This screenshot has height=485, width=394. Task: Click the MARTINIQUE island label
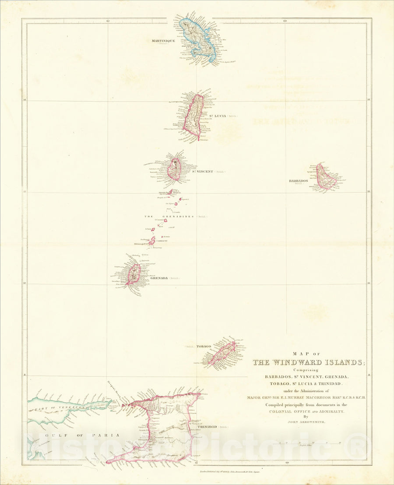point(163,41)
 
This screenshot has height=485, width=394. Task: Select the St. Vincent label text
point(202,171)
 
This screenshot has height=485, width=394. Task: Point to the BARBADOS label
point(298,181)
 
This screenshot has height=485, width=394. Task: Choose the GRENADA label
point(159,278)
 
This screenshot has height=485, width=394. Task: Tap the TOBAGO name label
point(204,347)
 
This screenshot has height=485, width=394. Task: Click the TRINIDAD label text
point(208,426)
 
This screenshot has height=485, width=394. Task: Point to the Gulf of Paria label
point(74,435)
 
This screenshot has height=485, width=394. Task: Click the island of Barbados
point(327,177)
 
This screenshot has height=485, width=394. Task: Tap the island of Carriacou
point(152,241)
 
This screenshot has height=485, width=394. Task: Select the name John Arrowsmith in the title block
point(306,422)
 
